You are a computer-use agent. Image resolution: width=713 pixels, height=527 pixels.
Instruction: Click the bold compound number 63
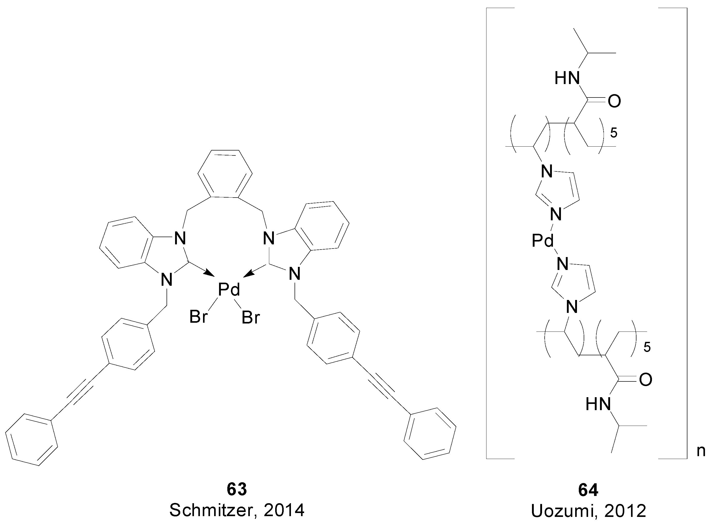point(237,490)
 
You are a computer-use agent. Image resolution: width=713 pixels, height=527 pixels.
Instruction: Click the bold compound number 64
point(588,490)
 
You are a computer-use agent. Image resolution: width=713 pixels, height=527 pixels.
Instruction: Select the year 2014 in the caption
point(284,511)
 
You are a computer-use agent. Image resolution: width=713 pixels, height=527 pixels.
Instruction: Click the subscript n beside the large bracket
point(701,452)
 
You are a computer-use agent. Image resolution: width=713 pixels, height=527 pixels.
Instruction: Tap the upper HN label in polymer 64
point(567,78)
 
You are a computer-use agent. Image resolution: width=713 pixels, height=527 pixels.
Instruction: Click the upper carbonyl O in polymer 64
point(614,101)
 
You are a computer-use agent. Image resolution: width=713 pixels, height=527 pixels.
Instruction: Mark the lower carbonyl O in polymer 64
point(645,380)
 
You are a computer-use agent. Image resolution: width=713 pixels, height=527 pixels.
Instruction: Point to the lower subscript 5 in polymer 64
point(647,347)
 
